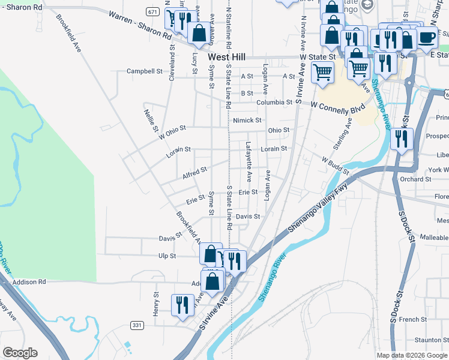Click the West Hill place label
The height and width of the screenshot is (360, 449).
[227, 57]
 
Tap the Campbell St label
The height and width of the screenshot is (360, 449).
[144, 71]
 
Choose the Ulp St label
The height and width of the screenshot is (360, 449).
[167, 256]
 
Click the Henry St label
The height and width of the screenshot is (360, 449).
[155, 304]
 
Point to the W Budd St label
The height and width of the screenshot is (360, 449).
[335, 165]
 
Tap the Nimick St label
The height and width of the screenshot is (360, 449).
[247, 121]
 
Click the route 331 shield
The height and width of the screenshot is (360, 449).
[137, 325]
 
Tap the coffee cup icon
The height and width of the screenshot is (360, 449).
[427, 37]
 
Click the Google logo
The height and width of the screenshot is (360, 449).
[20, 353]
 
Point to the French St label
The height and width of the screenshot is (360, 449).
[412, 320]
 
